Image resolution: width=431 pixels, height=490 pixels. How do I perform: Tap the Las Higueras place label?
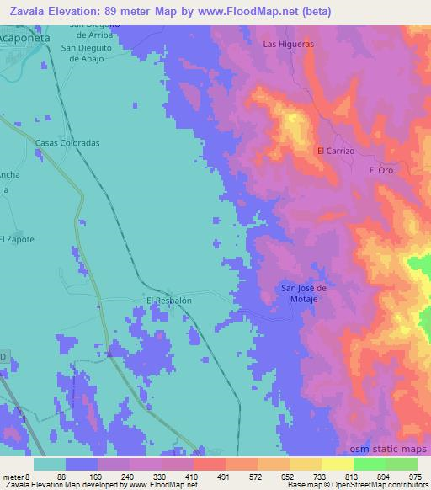[288, 43]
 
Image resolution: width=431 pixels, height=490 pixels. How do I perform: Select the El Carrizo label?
[336, 151]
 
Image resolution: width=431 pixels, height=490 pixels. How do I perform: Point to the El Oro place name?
[381, 169]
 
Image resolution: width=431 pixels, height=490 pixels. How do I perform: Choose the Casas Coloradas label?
[67, 143]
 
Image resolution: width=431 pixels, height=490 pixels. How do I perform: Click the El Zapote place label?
[17, 238]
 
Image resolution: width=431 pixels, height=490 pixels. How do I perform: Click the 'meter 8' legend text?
[17, 476]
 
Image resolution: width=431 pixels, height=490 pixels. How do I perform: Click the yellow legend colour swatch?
[337, 464]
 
